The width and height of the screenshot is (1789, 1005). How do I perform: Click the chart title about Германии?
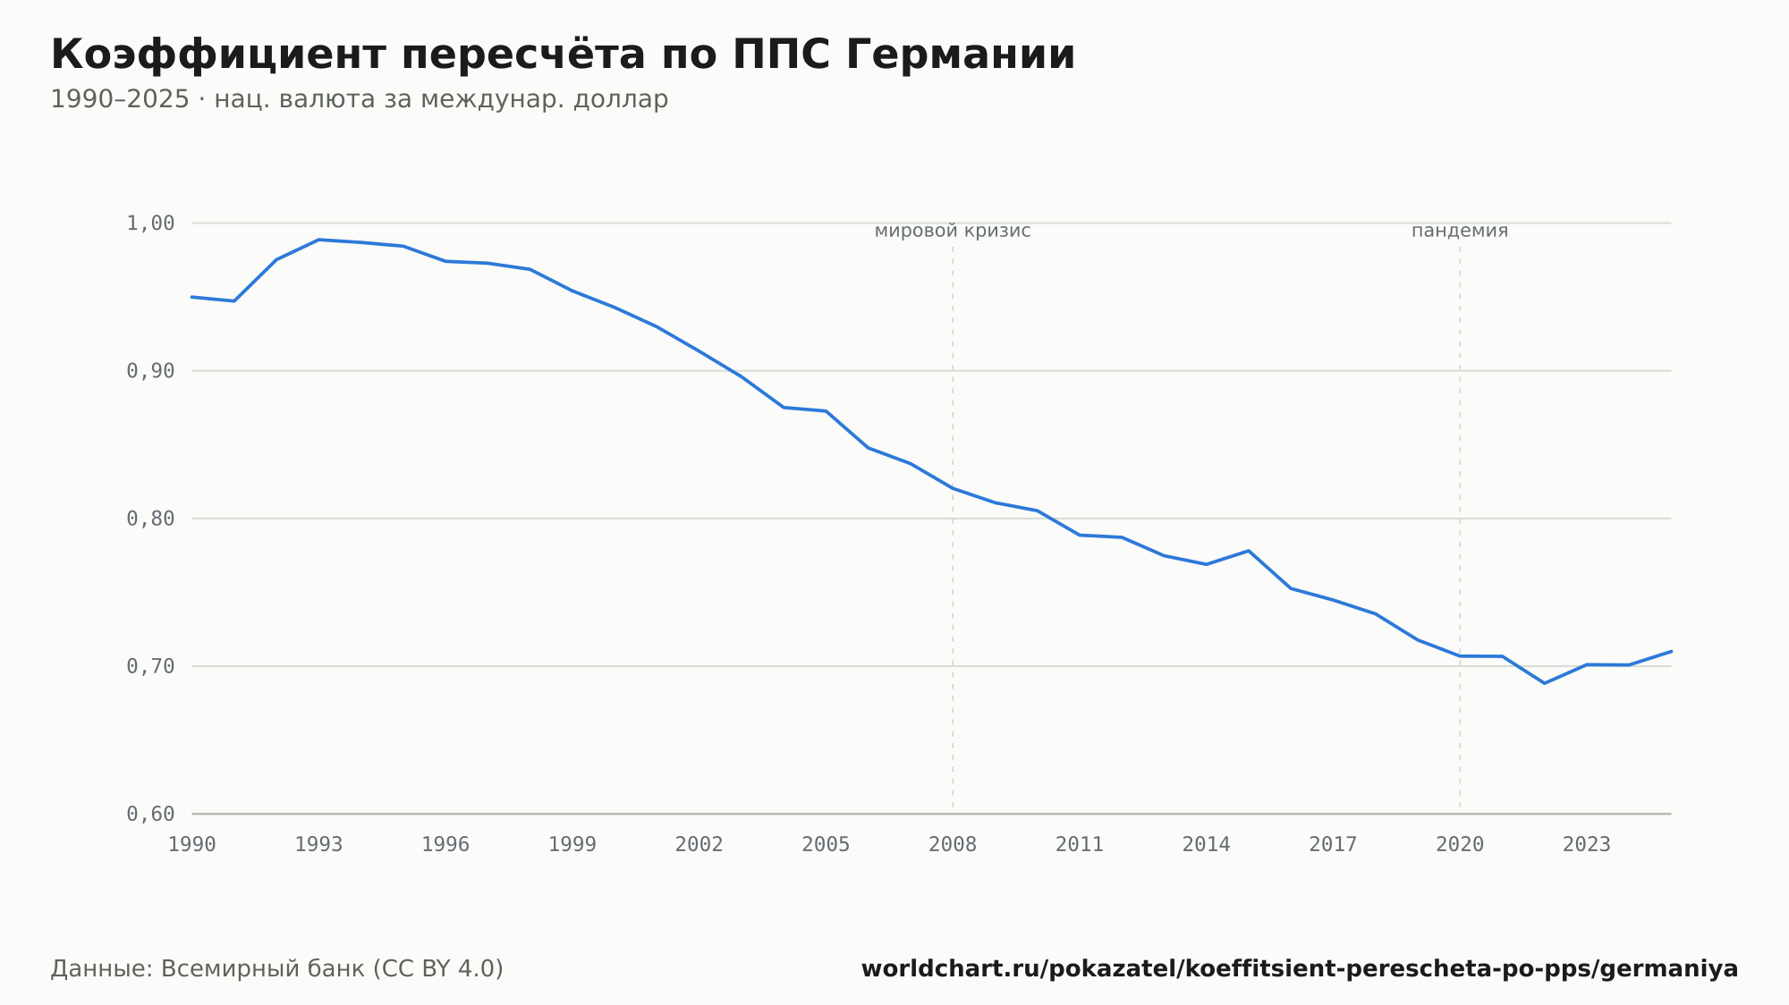point(563,55)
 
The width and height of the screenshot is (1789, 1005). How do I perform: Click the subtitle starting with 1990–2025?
point(360,99)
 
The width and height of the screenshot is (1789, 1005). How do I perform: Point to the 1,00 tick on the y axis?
point(150,224)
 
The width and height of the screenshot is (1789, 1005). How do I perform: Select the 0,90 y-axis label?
point(150,371)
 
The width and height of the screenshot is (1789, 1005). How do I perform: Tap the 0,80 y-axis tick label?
point(150,519)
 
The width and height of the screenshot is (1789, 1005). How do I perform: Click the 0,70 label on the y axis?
point(150,666)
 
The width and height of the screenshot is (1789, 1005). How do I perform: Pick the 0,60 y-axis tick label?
point(150,814)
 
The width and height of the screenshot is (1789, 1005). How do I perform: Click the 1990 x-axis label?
point(192,845)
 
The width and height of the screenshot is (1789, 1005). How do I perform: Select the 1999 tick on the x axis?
point(572,845)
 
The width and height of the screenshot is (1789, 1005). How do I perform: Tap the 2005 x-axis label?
point(826,845)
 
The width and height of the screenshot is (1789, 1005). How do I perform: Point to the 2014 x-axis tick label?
point(1207,845)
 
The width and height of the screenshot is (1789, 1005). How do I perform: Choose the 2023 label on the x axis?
point(1587,845)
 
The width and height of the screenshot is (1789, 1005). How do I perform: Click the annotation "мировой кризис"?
point(953,232)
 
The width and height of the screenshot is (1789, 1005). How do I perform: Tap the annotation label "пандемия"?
point(1460,232)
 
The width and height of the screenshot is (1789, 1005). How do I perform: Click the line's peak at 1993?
point(319,240)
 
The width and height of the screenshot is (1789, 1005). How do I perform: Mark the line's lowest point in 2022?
point(1545,683)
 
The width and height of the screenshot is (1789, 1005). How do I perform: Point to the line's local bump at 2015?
point(1249,551)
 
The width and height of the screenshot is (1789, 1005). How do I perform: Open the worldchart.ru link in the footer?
point(1300,969)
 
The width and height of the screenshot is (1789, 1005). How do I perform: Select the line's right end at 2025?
point(1671,651)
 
